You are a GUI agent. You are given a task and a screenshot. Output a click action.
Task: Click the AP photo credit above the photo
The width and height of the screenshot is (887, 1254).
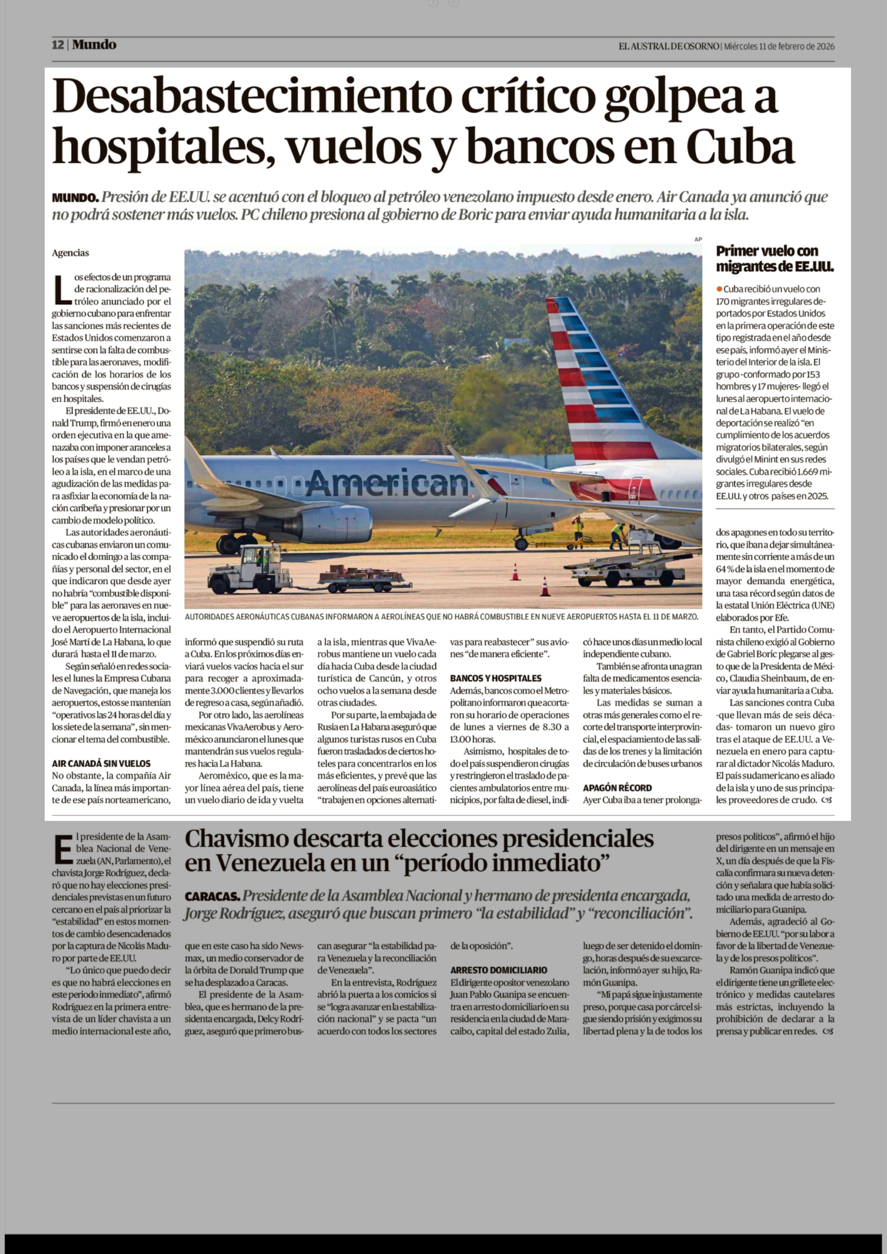click(x=697, y=239)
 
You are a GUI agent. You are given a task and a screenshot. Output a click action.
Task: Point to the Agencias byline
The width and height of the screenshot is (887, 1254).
click(x=70, y=253)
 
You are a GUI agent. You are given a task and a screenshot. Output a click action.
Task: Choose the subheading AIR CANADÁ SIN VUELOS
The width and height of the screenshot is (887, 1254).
click(x=101, y=764)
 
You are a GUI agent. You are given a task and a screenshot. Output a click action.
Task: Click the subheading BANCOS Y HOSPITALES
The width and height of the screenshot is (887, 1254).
click(x=495, y=678)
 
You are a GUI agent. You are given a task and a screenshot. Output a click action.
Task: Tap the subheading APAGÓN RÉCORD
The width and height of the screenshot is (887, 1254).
click(x=617, y=788)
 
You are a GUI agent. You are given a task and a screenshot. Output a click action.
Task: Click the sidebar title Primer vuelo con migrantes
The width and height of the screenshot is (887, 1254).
click(x=775, y=259)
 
